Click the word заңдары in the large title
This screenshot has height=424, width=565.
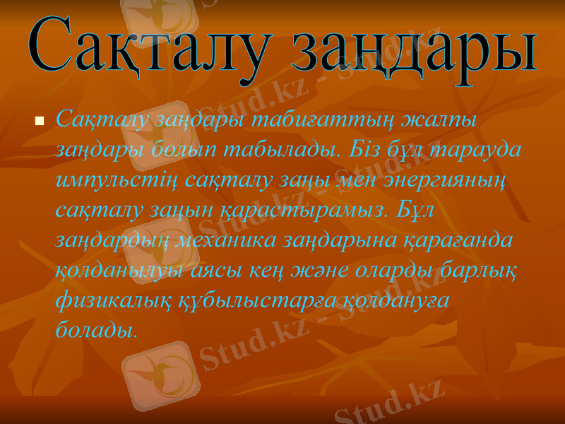pyautogui.click(x=413, y=51)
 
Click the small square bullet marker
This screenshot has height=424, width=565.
pyautogui.click(x=40, y=122)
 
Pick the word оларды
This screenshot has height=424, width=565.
pyautogui.click(x=395, y=271)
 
